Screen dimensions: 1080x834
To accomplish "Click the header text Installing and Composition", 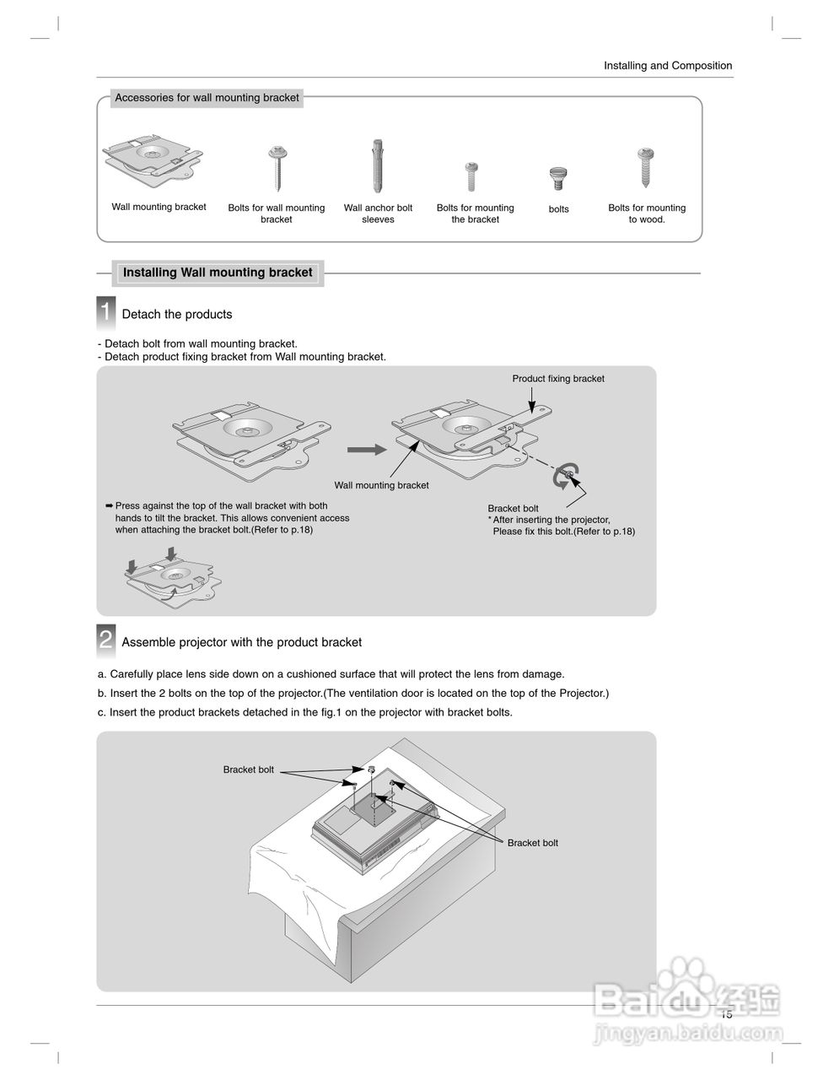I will click(668, 66).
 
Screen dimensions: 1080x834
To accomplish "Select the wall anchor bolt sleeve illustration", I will click(378, 166).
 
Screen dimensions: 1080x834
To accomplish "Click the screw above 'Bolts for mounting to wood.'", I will click(647, 167).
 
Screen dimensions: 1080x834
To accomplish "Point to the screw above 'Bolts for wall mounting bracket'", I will click(277, 168).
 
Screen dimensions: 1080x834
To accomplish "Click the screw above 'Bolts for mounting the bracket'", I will click(472, 175).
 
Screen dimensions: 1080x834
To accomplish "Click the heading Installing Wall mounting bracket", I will click(218, 273).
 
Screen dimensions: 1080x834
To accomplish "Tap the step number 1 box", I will click(105, 312).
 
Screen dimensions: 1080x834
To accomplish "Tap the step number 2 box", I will click(105, 640).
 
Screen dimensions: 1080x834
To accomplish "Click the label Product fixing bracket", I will click(558, 379).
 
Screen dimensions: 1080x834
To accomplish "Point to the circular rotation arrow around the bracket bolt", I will click(564, 477).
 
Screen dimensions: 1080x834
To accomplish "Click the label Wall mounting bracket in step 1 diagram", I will click(381, 485).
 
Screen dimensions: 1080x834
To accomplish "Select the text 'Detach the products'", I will click(177, 315).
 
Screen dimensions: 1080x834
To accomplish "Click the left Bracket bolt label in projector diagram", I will click(248, 769).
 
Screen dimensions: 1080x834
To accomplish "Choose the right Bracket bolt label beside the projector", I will click(532, 843).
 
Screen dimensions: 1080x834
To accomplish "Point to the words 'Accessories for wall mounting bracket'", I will click(207, 98).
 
